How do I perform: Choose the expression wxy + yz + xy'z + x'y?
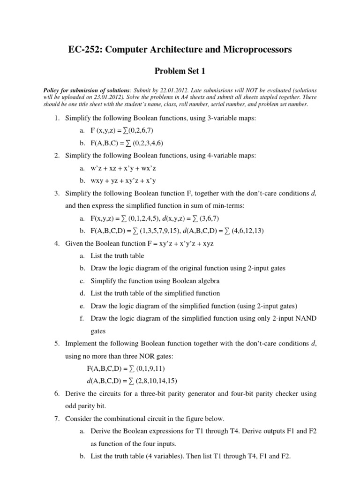point(123,180)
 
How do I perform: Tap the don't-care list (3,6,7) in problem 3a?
point(206,218)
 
